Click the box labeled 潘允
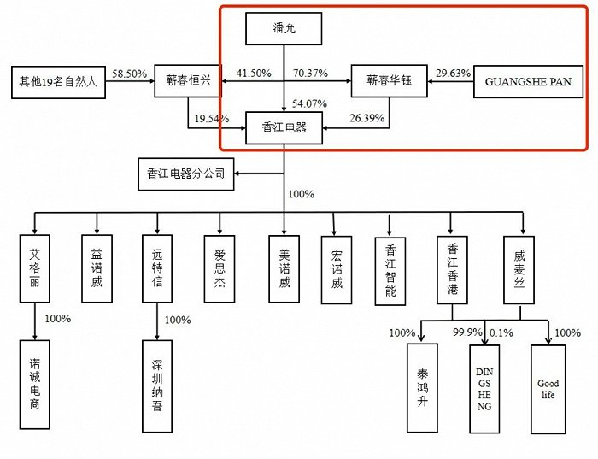tap(284, 30)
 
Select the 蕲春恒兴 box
tap(189, 82)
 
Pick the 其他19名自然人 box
tap(56, 82)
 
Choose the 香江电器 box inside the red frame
tap(284, 128)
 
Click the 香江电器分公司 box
tap(186, 174)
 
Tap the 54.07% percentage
tap(308, 103)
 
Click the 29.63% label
tap(453, 74)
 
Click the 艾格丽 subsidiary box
tap(35, 270)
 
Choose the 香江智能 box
tap(390, 270)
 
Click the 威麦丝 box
tap(519, 270)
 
